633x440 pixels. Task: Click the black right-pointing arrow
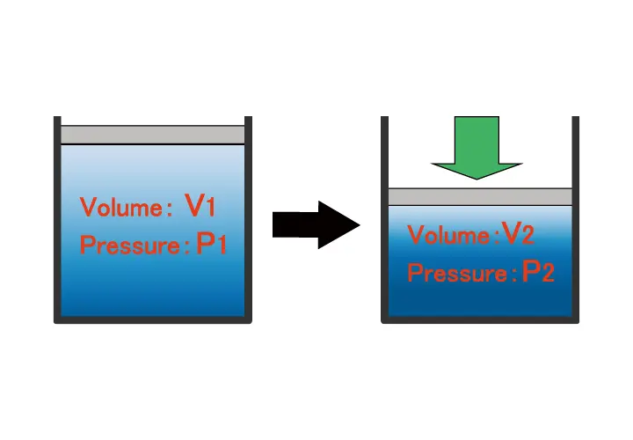[x=312, y=225]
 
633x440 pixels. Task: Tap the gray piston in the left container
[x=153, y=135]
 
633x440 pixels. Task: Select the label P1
[x=212, y=244]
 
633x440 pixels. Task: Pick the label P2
[x=538, y=272]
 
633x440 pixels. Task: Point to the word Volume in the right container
[x=448, y=236]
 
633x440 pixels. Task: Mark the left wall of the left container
[x=57, y=220]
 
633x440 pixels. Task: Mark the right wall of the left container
[x=249, y=220]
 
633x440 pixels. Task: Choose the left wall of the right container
[x=384, y=220]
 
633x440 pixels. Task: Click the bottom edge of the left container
[x=153, y=320]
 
